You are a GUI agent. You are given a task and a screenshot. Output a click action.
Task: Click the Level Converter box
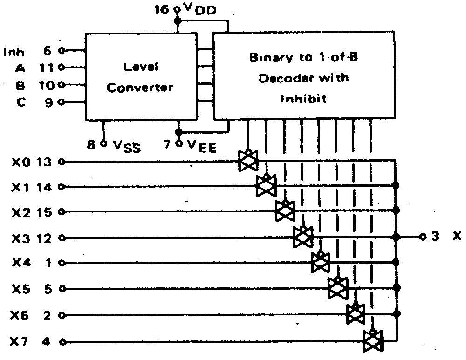click(140, 76)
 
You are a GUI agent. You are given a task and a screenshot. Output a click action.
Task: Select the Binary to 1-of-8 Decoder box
click(303, 77)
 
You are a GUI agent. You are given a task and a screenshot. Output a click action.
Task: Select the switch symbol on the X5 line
click(338, 288)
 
